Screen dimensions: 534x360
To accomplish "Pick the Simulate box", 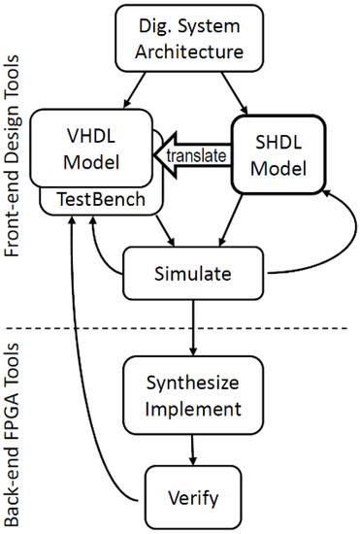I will tap(194, 273).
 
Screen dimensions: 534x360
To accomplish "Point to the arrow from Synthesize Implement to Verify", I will tap(194, 448).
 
